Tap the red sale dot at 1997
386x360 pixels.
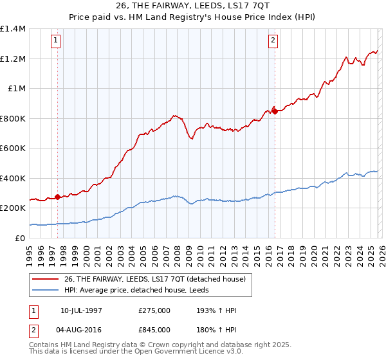point(57,197)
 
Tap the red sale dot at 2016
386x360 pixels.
point(275,111)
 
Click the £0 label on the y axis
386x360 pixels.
point(19,239)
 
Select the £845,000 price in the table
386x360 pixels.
point(154,329)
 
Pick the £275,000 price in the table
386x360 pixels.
point(154,311)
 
